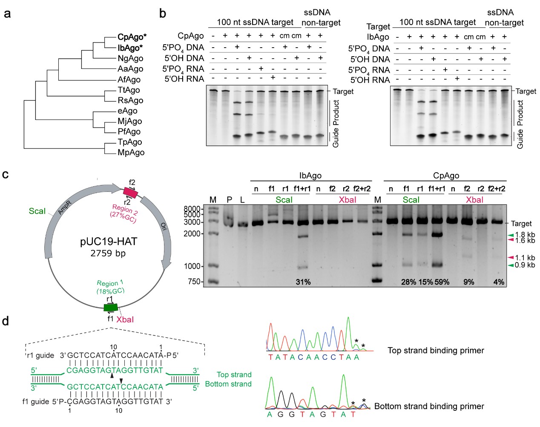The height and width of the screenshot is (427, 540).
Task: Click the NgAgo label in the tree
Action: [x=130, y=58]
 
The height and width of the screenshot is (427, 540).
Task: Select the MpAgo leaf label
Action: [x=131, y=152]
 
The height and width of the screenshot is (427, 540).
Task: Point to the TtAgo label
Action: [x=129, y=90]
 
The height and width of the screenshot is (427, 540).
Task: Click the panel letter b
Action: [x=162, y=14]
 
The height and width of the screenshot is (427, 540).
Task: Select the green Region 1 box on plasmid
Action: [x=111, y=307]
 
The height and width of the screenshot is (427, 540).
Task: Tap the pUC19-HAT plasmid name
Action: [x=109, y=242]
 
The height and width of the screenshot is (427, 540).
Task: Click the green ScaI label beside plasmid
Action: [x=37, y=211]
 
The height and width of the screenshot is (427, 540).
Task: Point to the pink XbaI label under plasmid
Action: [x=125, y=319]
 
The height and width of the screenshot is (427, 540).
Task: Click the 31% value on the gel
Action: [x=303, y=282]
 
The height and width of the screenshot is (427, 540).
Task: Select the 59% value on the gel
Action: [x=442, y=282]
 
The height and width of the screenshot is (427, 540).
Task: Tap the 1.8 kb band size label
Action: [x=525, y=235]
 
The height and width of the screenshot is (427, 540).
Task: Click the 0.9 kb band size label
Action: [x=525, y=265]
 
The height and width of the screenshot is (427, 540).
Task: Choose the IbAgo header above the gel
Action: [x=310, y=176]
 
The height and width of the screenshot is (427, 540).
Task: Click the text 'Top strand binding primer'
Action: [x=436, y=350]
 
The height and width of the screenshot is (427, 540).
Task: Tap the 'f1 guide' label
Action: [x=36, y=401]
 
